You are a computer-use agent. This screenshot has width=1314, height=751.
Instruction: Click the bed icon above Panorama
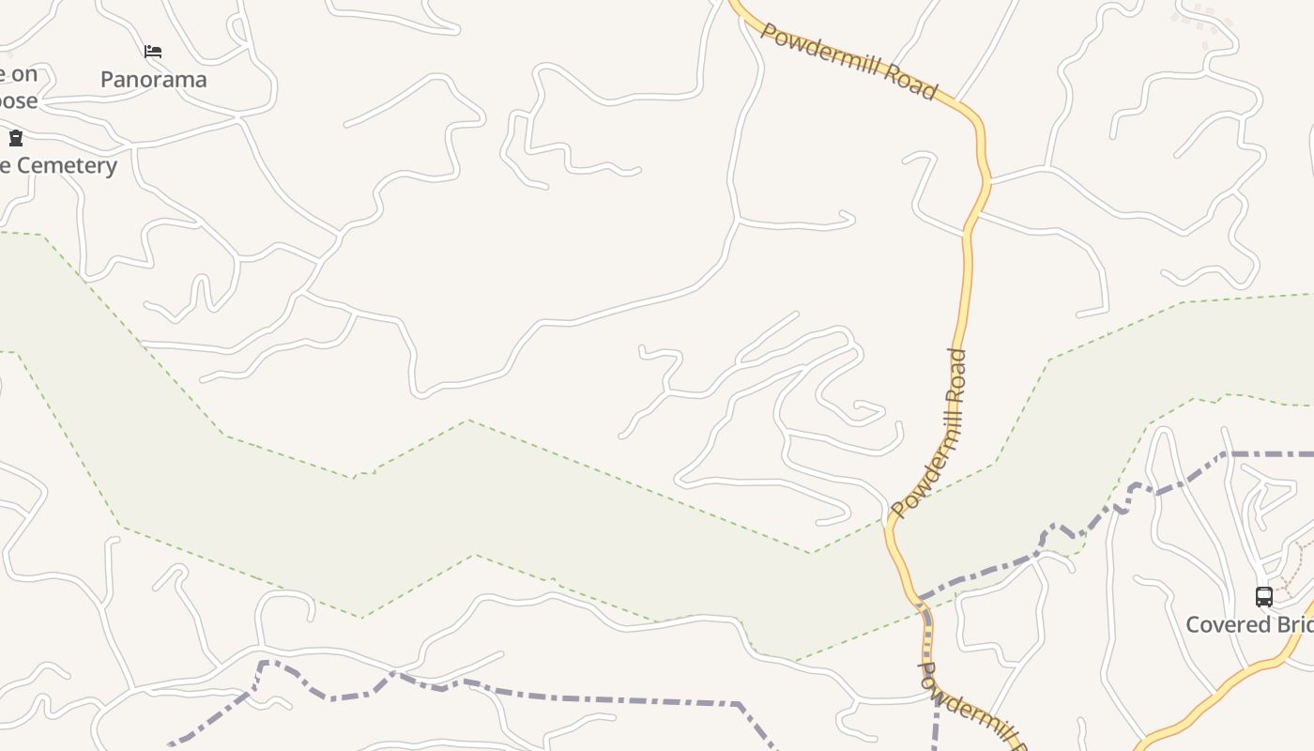[x=153, y=52]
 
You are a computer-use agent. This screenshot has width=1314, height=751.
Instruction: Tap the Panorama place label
[x=153, y=80]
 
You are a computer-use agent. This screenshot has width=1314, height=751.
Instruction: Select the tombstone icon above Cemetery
[x=16, y=139]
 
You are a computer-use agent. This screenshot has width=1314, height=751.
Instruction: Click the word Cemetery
[x=67, y=166]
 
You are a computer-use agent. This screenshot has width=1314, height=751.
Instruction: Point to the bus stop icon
[x=1264, y=596]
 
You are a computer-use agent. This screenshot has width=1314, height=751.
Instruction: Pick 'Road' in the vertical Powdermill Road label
[x=956, y=376]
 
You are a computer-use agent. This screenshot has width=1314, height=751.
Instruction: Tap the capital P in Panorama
[x=107, y=80]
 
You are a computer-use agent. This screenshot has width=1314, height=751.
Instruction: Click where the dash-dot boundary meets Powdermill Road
[x=922, y=598]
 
